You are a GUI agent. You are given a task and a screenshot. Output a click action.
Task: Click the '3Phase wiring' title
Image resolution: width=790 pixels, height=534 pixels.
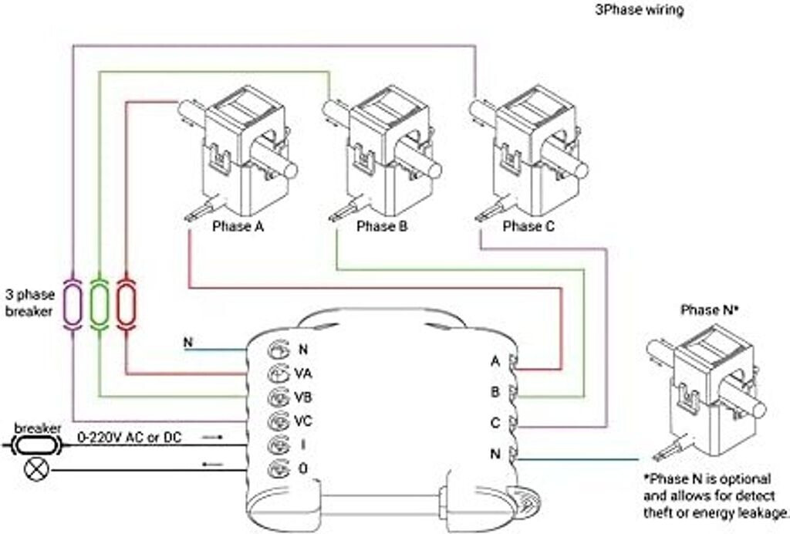(x=640, y=9)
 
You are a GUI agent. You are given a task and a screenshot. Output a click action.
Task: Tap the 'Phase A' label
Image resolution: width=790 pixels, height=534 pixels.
(x=238, y=226)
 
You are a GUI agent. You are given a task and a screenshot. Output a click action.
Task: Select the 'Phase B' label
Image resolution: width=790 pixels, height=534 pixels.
(x=381, y=226)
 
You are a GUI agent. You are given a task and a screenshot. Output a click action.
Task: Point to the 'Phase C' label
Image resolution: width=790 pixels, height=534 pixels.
(x=528, y=226)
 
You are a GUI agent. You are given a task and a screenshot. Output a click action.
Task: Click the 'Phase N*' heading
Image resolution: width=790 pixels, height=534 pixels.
(x=710, y=309)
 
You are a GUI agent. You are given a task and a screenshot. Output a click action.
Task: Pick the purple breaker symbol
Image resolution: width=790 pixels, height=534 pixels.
(x=73, y=304)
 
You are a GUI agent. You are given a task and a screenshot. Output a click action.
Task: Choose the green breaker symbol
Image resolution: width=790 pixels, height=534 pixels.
(x=100, y=304)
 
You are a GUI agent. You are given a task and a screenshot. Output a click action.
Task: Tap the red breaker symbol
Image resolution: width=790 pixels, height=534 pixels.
(x=126, y=304)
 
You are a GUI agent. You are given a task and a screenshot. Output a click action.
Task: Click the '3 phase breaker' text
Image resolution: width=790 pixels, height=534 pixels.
(x=30, y=302)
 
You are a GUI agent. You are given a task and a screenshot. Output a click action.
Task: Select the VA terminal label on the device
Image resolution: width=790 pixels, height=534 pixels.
(x=303, y=373)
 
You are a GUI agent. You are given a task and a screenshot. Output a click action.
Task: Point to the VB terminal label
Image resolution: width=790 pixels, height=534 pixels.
(x=303, y=397)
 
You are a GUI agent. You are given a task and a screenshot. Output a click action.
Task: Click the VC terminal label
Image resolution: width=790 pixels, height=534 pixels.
(x=303, y=421)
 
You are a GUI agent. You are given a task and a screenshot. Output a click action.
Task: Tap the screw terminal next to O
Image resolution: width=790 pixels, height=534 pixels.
(x=278, y=469)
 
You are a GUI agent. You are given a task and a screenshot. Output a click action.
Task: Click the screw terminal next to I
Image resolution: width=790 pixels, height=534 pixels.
(x=278, y=445)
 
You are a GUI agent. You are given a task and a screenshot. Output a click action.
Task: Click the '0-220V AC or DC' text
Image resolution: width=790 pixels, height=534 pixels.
(x=130, y=438)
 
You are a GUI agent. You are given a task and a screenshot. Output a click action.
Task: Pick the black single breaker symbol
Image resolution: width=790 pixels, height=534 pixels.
(x=36, y=445)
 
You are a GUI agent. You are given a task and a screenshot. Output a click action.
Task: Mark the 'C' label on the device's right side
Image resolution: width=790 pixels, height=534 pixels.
(x=495, y=423)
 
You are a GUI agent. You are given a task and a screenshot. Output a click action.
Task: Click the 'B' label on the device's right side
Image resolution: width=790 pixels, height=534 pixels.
(x=495, y=392)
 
